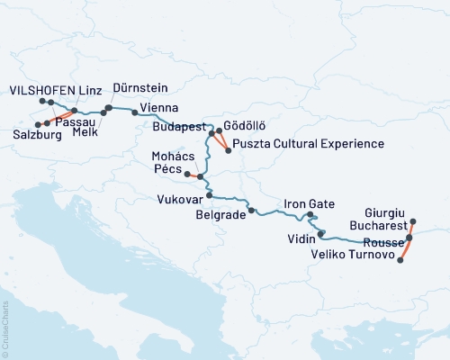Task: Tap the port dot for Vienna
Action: click(134, 112)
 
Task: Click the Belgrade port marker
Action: click(252, 211)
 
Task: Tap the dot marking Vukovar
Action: click(209, 194)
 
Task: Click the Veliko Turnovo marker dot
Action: click(400, 258)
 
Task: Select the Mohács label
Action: click(163, 156)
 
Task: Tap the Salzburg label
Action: click(37, 135)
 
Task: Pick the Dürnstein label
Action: click(139, 90)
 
